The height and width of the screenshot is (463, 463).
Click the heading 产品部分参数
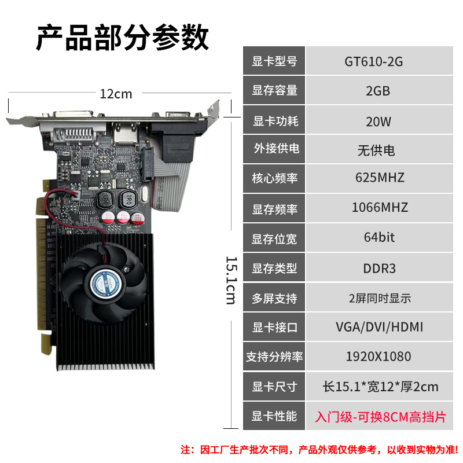pyautogui.click(x=122, y=39)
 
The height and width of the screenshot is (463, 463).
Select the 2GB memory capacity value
pyautogui.click(x=378, y=91)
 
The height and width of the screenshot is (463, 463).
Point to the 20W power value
pyautogui.click(x=379, y=121)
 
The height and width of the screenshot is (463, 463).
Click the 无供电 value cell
pyautogui.click(x=376, y=150)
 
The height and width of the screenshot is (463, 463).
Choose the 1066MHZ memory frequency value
pyautogui.click(x=380, y=207)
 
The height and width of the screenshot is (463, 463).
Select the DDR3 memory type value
pyautogui.click(x=379, y=268)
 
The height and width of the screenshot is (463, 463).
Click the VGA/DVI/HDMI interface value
pyautogui.click(x=380, y=327)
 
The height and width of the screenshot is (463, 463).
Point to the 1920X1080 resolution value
pyautogui.click(x=379, y=357)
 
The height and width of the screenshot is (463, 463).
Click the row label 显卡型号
pyautogui.click(x=274, y=61)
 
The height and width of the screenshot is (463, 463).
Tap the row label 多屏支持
pyautogui.click(x=274, y=299)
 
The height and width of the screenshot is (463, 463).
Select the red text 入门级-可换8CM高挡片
pyautogui.click(x=380, y=417)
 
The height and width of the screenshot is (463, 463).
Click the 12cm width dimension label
pyautogui.click(x=116, y=93)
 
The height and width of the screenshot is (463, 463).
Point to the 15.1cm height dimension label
pyautogui.click(x=231, y=280)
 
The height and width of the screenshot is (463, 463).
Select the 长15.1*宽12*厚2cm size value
pyautogui.click(x=380, y=386)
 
